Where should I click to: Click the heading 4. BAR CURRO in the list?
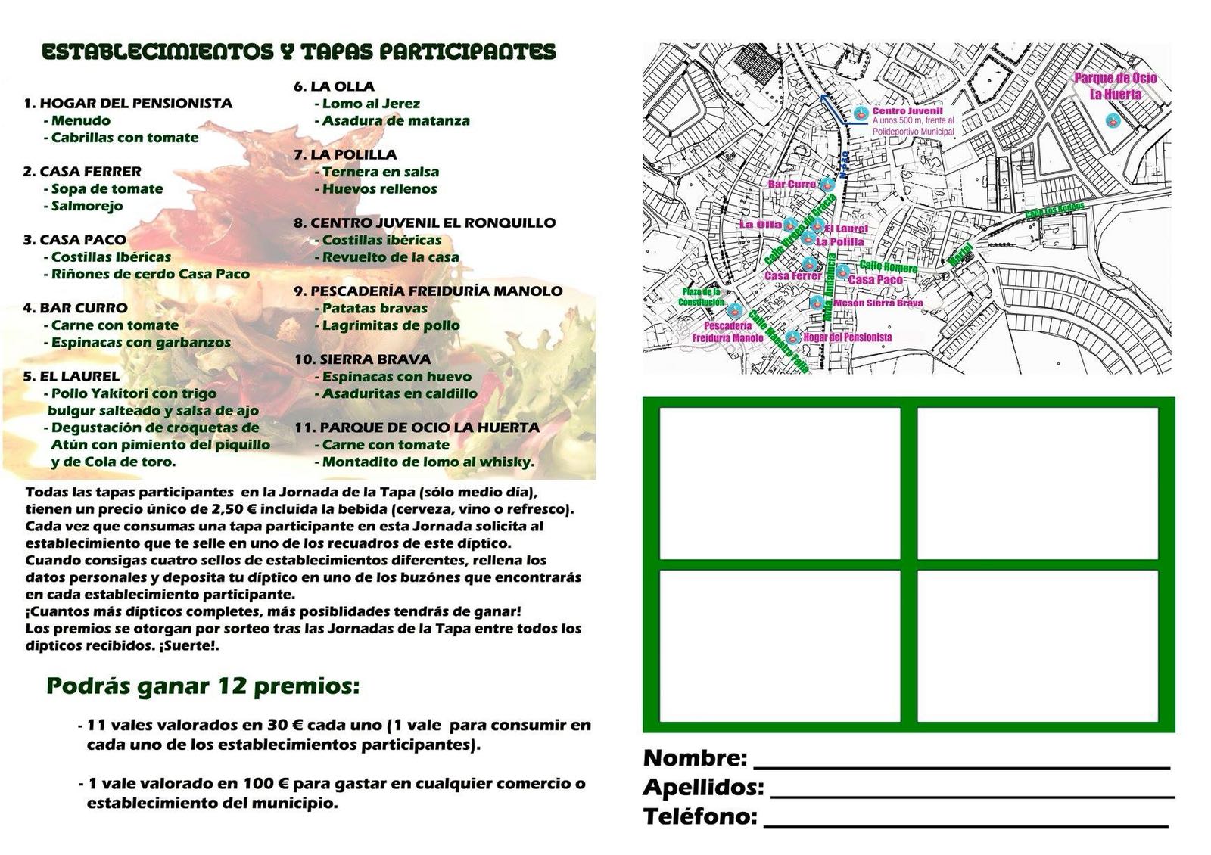pos(75,308)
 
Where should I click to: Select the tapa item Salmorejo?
pos(86,206)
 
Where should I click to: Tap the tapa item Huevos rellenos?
pos(378,189)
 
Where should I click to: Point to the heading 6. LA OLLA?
pos(335,86)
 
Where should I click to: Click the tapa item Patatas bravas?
pos(374,309)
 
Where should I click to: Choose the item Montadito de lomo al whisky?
pos(428,462)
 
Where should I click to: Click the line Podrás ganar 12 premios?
pos(203,686)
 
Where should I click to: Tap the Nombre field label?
pos(695,757)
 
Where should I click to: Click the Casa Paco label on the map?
pos(876,280)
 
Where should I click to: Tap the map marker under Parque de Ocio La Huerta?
pos(1112,120)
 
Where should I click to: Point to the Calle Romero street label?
pos(889,266)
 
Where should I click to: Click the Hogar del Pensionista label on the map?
pos(847,337)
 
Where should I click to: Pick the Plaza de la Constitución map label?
pos(701,297)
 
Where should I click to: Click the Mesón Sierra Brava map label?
pos(878,303)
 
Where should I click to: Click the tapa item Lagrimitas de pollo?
pos(391,325)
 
